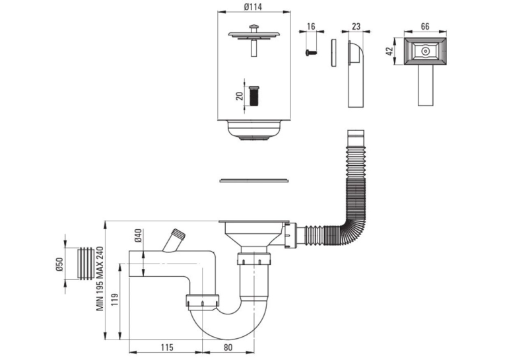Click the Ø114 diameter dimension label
253,7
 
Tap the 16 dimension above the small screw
311,26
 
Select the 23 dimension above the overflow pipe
356,26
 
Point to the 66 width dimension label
425,26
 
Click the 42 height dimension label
389,51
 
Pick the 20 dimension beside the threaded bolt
239,96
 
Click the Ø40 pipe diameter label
138,235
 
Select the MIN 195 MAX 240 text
100,279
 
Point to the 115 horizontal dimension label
167,347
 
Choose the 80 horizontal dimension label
227,347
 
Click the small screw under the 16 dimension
311,52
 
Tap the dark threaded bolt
254,95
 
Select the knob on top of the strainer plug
254,28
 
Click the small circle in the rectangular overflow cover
425,51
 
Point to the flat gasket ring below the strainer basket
253,180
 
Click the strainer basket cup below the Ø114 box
253,130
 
